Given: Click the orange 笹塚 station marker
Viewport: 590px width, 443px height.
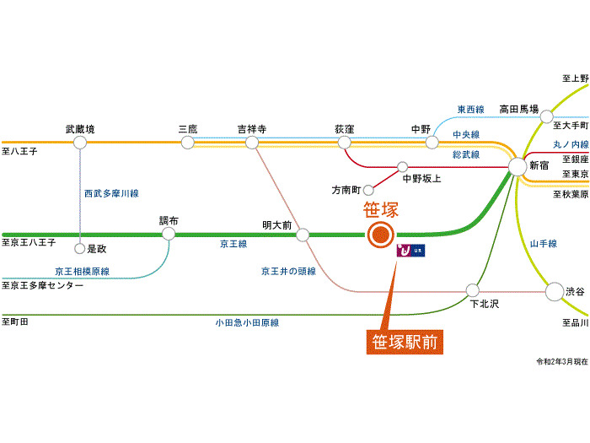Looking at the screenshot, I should (380, 235).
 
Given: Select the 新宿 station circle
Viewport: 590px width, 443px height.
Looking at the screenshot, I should (518, 167).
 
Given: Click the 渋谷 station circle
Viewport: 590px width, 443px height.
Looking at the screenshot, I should (554, 292).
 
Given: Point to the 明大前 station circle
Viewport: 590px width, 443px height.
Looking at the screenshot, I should (303, 235).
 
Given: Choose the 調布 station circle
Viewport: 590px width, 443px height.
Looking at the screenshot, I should (169, 235).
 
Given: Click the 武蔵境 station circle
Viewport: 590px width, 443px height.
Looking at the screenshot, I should (80, 143).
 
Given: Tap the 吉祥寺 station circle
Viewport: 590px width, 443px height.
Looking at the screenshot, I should (251, 143).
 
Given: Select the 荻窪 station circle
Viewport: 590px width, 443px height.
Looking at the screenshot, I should (344, 143).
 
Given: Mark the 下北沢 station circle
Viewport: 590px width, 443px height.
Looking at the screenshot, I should (472, 291).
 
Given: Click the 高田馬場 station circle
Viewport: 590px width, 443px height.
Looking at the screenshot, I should (547, 116).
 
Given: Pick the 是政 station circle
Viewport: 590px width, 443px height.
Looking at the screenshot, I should (80, 249).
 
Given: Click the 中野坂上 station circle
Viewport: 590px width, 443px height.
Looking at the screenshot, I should (402, 166).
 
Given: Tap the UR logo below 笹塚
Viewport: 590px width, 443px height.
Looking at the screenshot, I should (411, 251).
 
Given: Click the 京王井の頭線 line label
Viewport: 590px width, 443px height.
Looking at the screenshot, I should (288, 271).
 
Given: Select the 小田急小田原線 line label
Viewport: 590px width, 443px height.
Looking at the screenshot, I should (246, 322).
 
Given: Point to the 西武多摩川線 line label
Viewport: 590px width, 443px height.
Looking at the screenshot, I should (110, 193).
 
